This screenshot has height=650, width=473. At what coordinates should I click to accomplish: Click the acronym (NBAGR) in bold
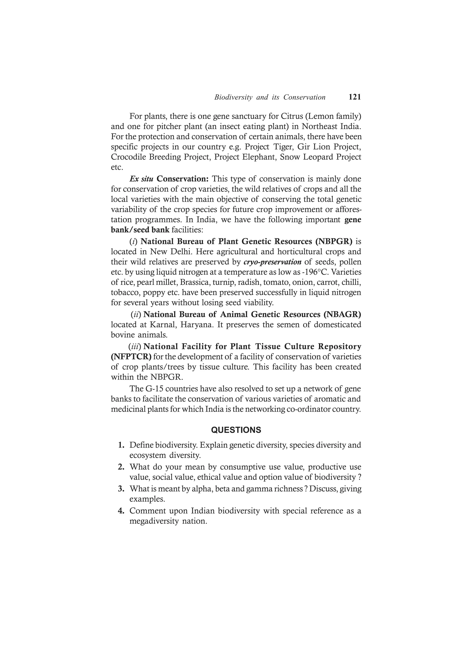tap(342, 314)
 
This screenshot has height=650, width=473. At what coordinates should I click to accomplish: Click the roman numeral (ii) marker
tap(136, 315)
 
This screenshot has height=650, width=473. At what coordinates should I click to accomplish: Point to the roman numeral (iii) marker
tap(135, 347)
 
